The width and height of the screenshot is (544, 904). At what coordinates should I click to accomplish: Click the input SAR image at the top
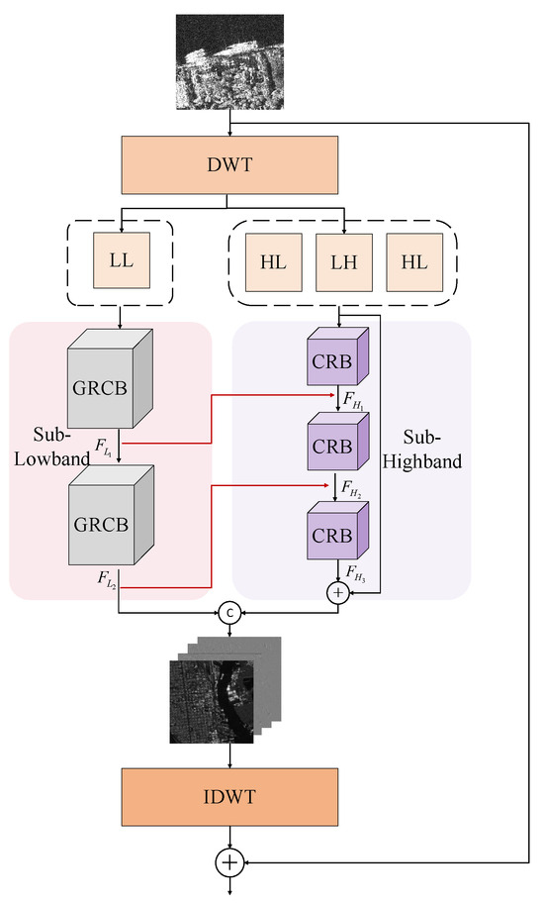pyautogui.click(x=229, y=61)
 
